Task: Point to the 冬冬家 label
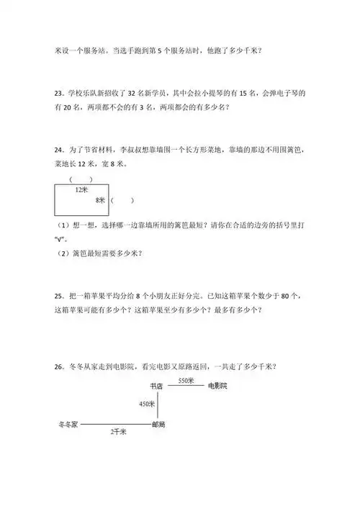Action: pos(68,425)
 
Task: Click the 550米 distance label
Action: pos(186,380)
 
